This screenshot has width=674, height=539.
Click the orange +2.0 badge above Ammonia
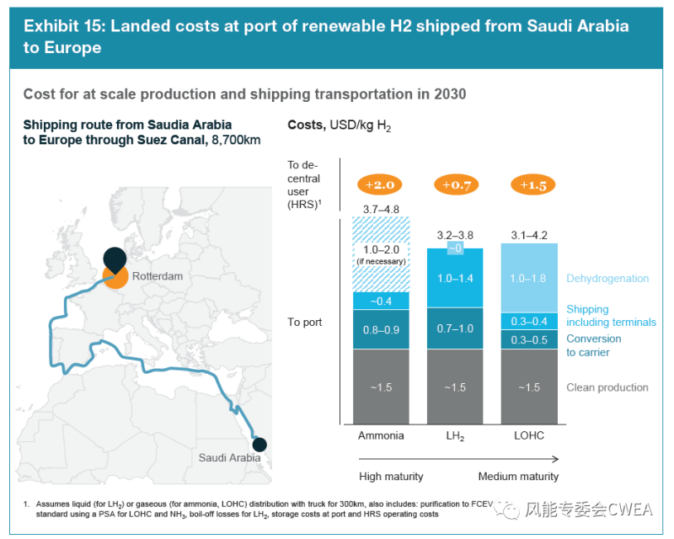(381, 184)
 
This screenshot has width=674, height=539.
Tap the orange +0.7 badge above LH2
(455, 184)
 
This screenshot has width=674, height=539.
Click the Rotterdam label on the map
(157, 275)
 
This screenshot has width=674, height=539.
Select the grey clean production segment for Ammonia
(381, 387)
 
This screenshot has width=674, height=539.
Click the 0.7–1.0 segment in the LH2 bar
(455, 328)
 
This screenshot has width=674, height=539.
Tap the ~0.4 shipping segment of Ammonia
(381, 302)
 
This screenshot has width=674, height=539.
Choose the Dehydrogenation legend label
(607, 279)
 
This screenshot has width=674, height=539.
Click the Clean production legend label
(607, 387)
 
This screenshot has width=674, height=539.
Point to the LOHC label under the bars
(529, 435)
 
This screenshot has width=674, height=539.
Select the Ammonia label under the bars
(381, 435)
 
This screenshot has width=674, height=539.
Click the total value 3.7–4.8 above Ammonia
(381, 209)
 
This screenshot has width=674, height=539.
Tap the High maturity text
(391, 477)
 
